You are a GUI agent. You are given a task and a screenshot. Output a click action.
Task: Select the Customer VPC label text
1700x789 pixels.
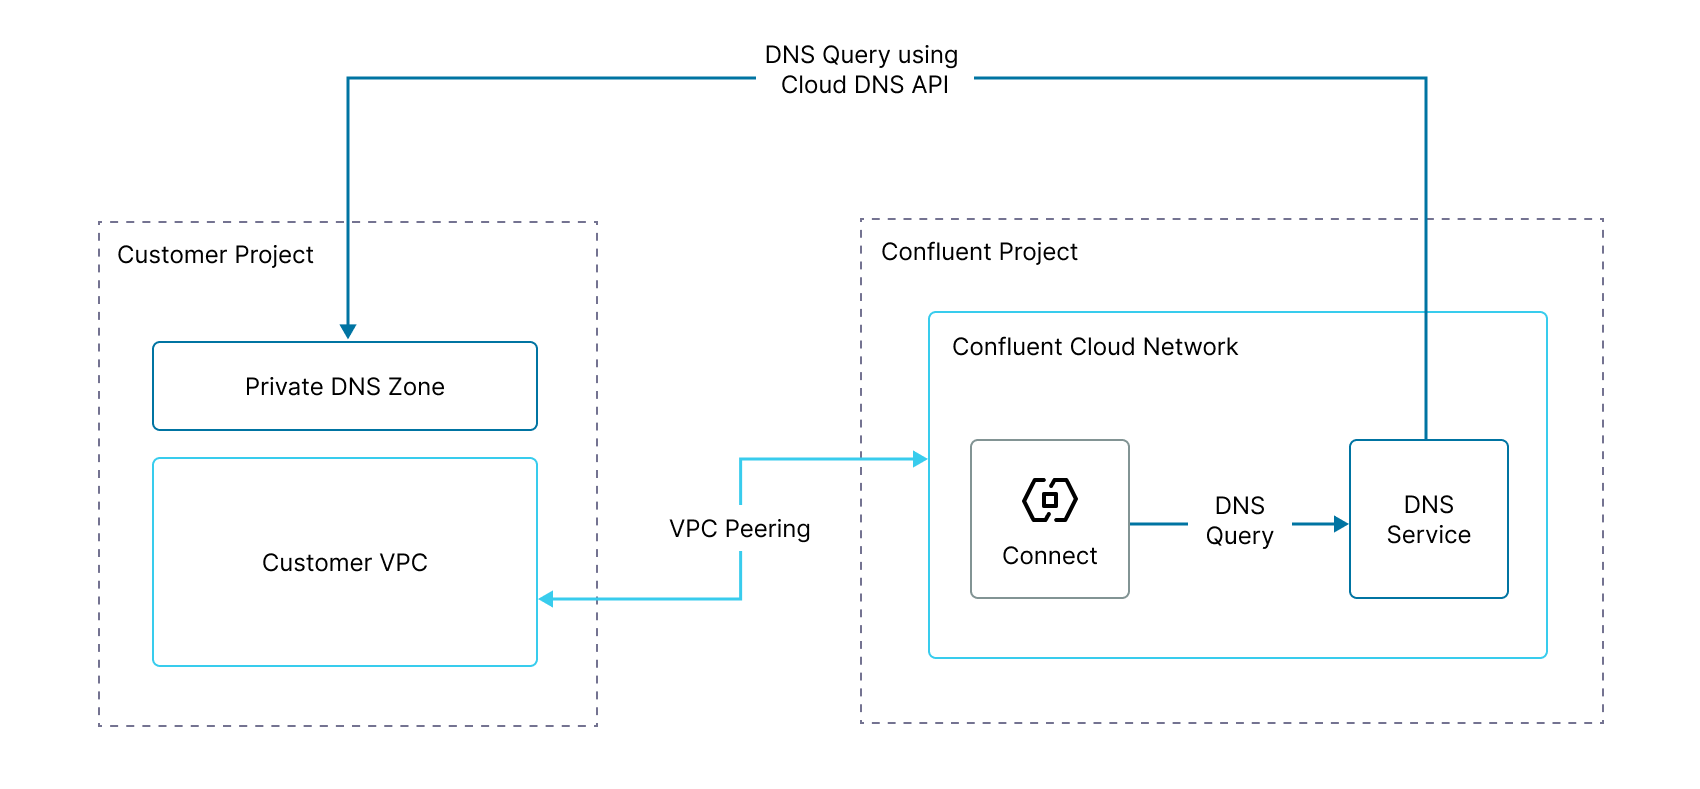(x=345, y=563)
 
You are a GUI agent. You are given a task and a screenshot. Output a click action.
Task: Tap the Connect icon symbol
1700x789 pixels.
(x=1050, y=500)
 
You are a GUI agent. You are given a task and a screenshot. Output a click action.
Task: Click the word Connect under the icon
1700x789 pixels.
(x=1050, y=556)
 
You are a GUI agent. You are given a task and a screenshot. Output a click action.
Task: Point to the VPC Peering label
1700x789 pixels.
(x=740, y=529)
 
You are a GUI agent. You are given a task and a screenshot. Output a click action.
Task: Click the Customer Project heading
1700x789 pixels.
(x=215, y=255)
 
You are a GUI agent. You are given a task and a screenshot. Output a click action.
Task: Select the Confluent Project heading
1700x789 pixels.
(x=979, y=252)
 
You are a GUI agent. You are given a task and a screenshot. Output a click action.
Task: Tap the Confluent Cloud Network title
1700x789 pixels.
(x=1095, y=347)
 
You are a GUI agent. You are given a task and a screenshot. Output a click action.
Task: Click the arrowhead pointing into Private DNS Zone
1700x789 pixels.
(x=348, y=331)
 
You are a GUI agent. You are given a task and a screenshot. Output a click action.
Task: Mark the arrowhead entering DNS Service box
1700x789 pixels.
(x=1341, y=524)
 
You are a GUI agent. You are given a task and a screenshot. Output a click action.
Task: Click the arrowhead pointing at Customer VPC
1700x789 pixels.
(x=546, y=599)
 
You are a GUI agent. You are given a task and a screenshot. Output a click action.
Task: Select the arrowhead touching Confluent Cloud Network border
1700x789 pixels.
(x=920, y=459)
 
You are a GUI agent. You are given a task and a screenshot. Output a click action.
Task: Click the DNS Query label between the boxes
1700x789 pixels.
(x=1240, y=520)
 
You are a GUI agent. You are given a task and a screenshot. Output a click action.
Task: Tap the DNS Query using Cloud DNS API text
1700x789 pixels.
(x=863, y=70)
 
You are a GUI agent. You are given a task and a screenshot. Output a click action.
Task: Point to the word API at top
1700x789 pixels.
(x=930, y=85)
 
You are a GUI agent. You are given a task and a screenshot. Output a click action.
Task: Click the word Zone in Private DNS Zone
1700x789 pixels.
(x=416, y=387)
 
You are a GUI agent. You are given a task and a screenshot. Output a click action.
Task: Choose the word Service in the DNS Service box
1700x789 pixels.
(x=1428, y=535)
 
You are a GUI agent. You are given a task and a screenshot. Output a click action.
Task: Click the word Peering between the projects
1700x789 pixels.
(x=767, y=529)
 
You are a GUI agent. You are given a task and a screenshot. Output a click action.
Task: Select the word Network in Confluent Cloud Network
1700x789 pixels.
(x=1190, y=347)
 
